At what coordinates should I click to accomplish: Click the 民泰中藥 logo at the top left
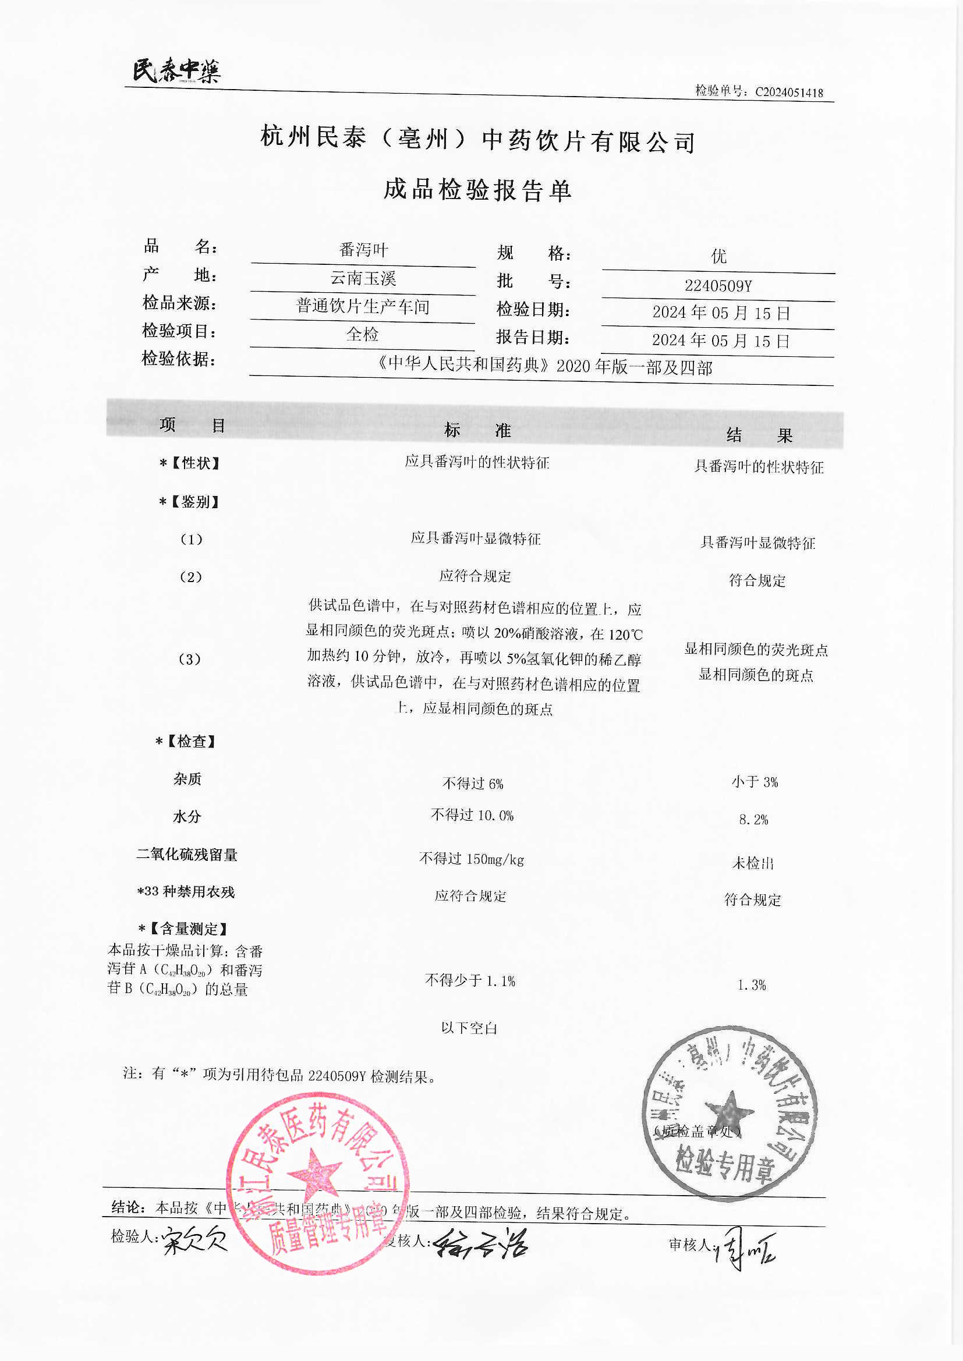(x=176, y=71)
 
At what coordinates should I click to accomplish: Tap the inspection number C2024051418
(x=788, y=92)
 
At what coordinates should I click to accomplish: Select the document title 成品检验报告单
(x=477, y=190)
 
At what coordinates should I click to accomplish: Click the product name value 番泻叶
(x=363, y=250)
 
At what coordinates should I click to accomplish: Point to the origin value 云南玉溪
(x=363, y=278)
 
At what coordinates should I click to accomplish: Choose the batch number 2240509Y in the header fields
(x=717, y=286)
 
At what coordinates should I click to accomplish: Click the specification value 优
(x=718, y=257)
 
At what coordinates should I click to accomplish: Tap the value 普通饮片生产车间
(x=363, y=306)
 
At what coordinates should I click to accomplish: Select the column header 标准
(x=477, y=430)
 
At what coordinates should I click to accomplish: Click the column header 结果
(x=759, y=435)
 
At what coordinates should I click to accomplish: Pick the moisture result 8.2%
(x=753, y=820)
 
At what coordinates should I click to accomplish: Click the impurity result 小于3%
(x=754, y=782)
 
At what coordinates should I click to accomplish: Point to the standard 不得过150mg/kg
(x=472, y=859)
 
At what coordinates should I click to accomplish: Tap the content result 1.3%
(x=751, y=985)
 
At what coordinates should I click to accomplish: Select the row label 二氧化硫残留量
(x=187, y=855)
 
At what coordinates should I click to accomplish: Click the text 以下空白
(x=469, y=1028)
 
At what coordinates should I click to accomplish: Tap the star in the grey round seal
(x=730, y=1112)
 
